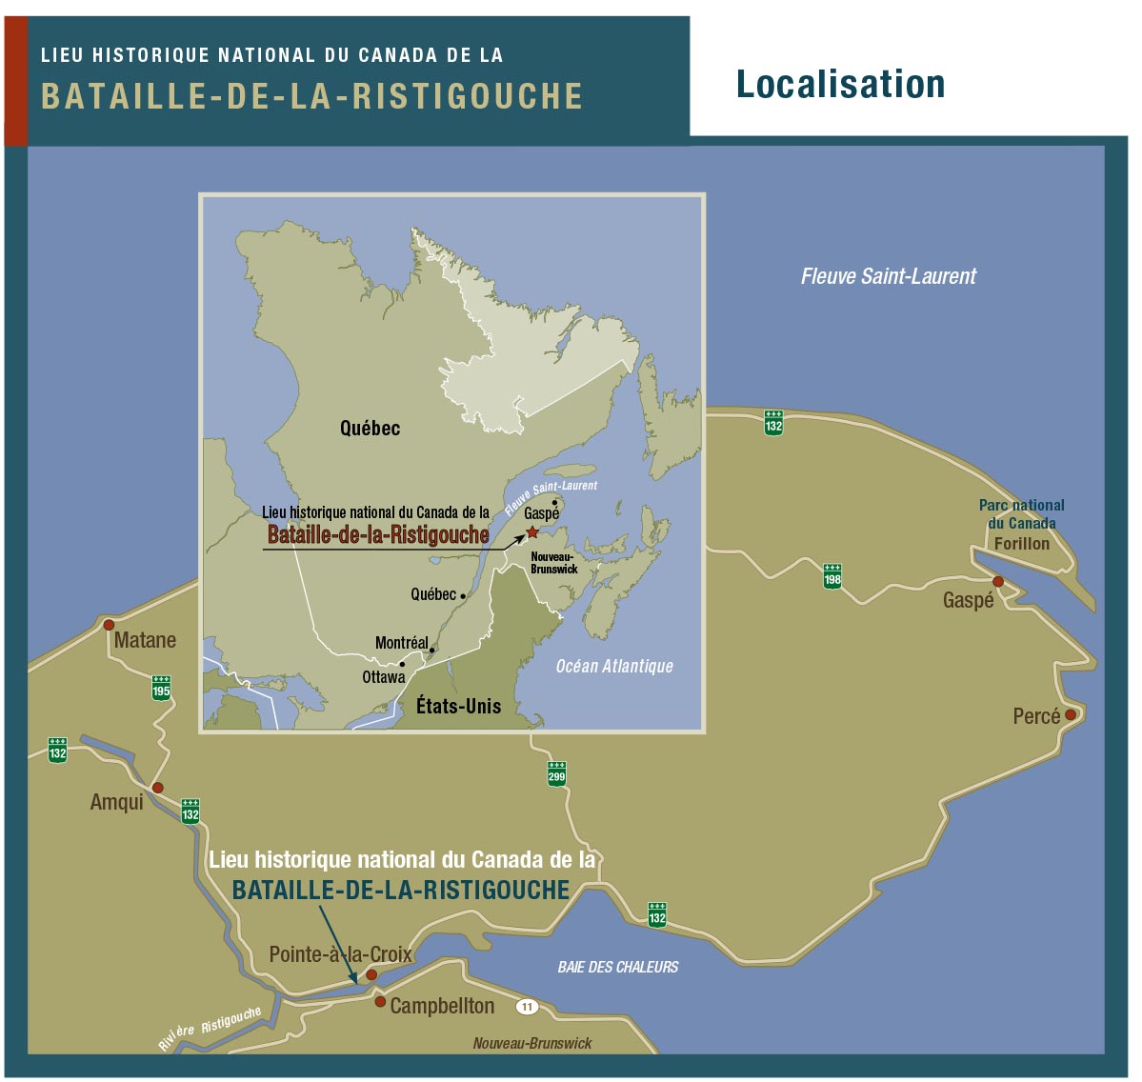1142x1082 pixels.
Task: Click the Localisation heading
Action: (840, 84)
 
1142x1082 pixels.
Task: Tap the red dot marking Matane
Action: (109, 625)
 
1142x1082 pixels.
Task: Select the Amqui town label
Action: (116, 802)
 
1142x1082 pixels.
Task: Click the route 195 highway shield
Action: (161, 688)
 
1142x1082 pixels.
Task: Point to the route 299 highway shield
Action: (556, 773)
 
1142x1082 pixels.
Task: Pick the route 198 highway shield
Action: (832, 576)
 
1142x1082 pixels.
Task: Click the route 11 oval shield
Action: (527, 1007)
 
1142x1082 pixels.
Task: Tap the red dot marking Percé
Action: (1071, 714)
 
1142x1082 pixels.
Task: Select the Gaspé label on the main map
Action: (968, 600)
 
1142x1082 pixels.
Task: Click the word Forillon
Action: (1021, 544)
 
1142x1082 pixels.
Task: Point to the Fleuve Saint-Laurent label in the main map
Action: (888, 276)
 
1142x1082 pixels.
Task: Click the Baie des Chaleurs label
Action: (618, 967)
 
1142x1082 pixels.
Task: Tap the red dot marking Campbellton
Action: (380, 1002)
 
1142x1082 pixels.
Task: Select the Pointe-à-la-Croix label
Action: (340, 953)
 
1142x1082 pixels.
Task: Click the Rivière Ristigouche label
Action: (210, 1029)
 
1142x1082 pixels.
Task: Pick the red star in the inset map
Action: (532, 532)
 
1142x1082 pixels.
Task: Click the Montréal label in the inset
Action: (401, 643)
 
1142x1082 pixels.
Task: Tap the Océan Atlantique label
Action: (614, 666)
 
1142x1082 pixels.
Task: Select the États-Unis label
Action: (458, 706)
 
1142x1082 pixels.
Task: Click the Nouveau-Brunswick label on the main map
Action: (532, 1043)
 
